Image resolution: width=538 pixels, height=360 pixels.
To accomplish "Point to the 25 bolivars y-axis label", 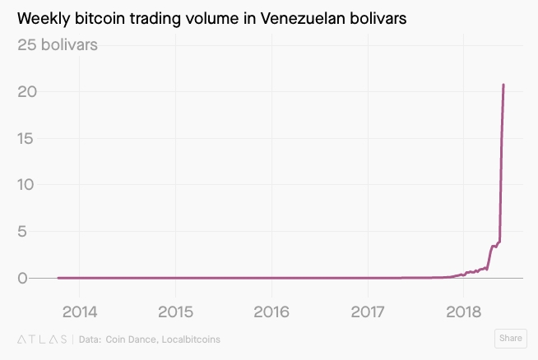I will click(x=58, y=44).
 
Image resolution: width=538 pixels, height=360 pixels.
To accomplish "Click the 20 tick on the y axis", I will click(x=26, y=91).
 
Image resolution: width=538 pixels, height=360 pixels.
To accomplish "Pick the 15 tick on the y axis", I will click(x=26, y=138).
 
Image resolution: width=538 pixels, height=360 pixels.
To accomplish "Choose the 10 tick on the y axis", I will click(x=26, y=185).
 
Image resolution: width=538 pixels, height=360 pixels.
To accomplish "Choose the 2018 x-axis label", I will click(x=464, y=312).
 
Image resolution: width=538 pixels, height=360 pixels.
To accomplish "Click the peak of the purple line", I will click(x=503, y=85).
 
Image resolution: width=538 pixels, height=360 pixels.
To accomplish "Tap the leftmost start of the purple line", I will click(x=58, y=278).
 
